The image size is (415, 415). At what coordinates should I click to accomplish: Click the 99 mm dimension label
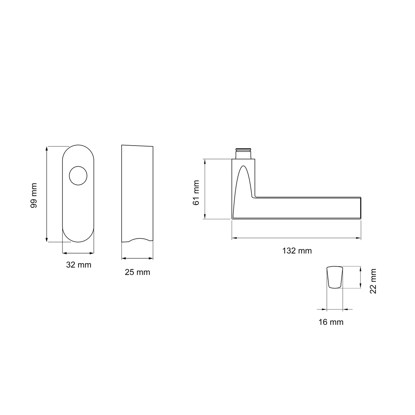[34, 195]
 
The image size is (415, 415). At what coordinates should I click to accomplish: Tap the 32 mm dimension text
[79, 265]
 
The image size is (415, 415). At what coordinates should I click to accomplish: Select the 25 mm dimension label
[137, 272]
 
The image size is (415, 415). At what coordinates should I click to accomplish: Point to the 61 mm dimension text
[196, 193]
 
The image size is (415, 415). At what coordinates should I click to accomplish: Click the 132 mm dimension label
[297, 251]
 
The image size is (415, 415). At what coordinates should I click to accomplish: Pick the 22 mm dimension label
[373, 281]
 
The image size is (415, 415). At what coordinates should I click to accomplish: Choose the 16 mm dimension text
[331, 322]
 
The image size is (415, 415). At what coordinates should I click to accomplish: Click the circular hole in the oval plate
[78, 176]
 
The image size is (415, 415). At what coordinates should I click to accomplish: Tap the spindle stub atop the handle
[243, 153]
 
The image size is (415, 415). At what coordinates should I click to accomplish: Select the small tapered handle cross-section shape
[335, 277]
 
